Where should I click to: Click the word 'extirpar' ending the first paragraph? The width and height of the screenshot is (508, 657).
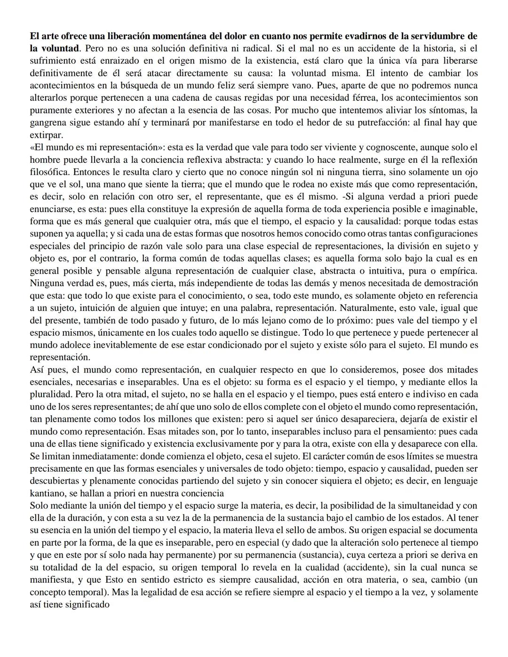tap(45, 135)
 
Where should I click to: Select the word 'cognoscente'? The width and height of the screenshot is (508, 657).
tap(394, 147)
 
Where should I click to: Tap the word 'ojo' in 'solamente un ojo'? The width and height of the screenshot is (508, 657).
tap(471, 172)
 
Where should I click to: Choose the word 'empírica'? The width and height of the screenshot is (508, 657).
tap(459, 271)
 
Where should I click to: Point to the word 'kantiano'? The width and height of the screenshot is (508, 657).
tap(46, 493)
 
